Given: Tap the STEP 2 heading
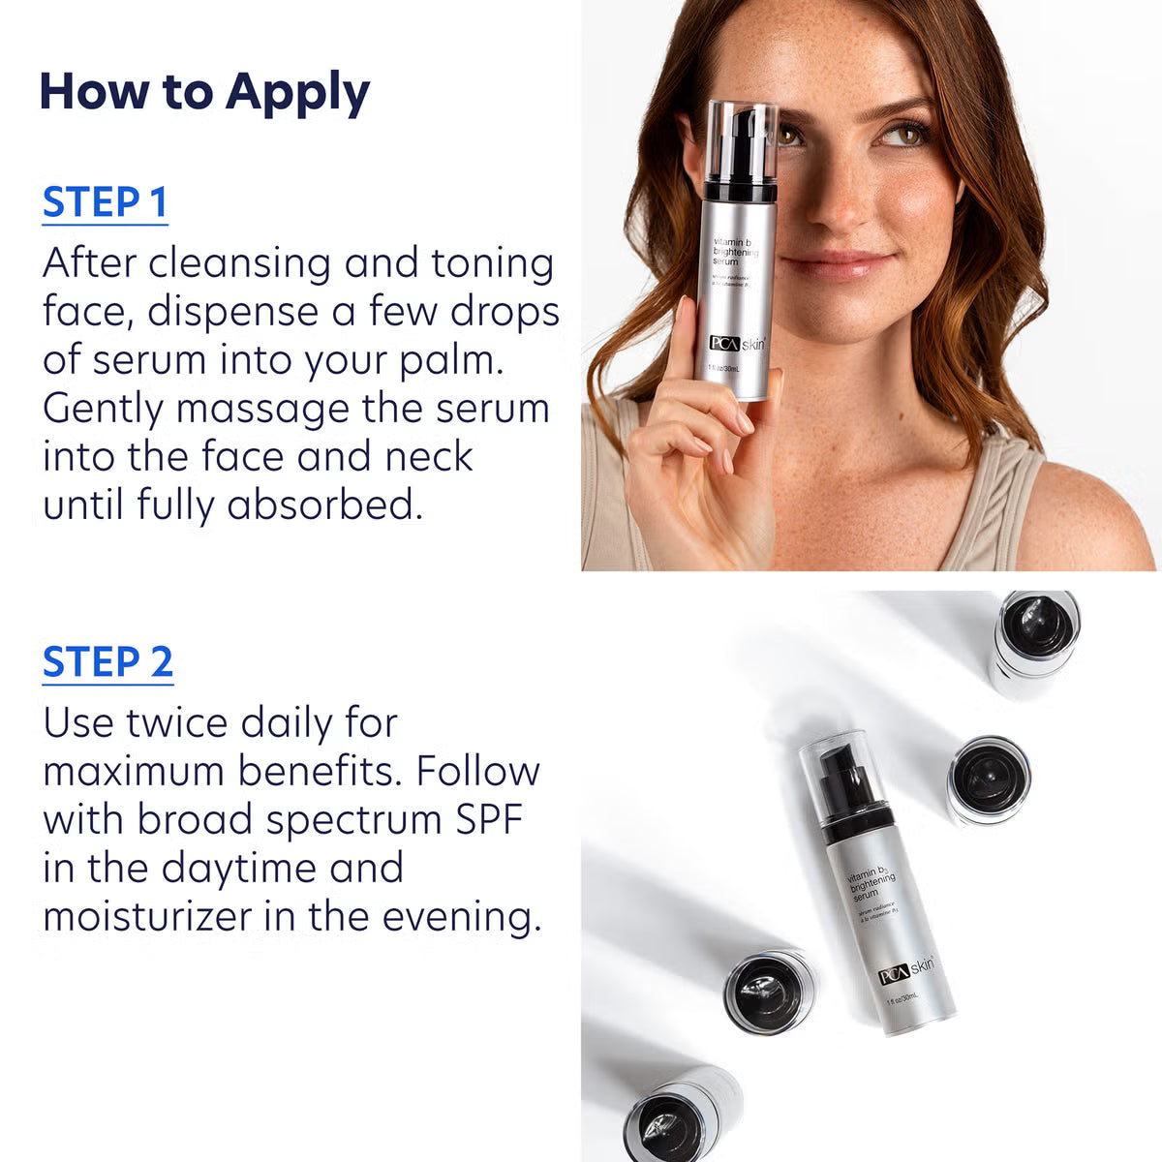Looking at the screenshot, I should [x=107, y=661].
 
